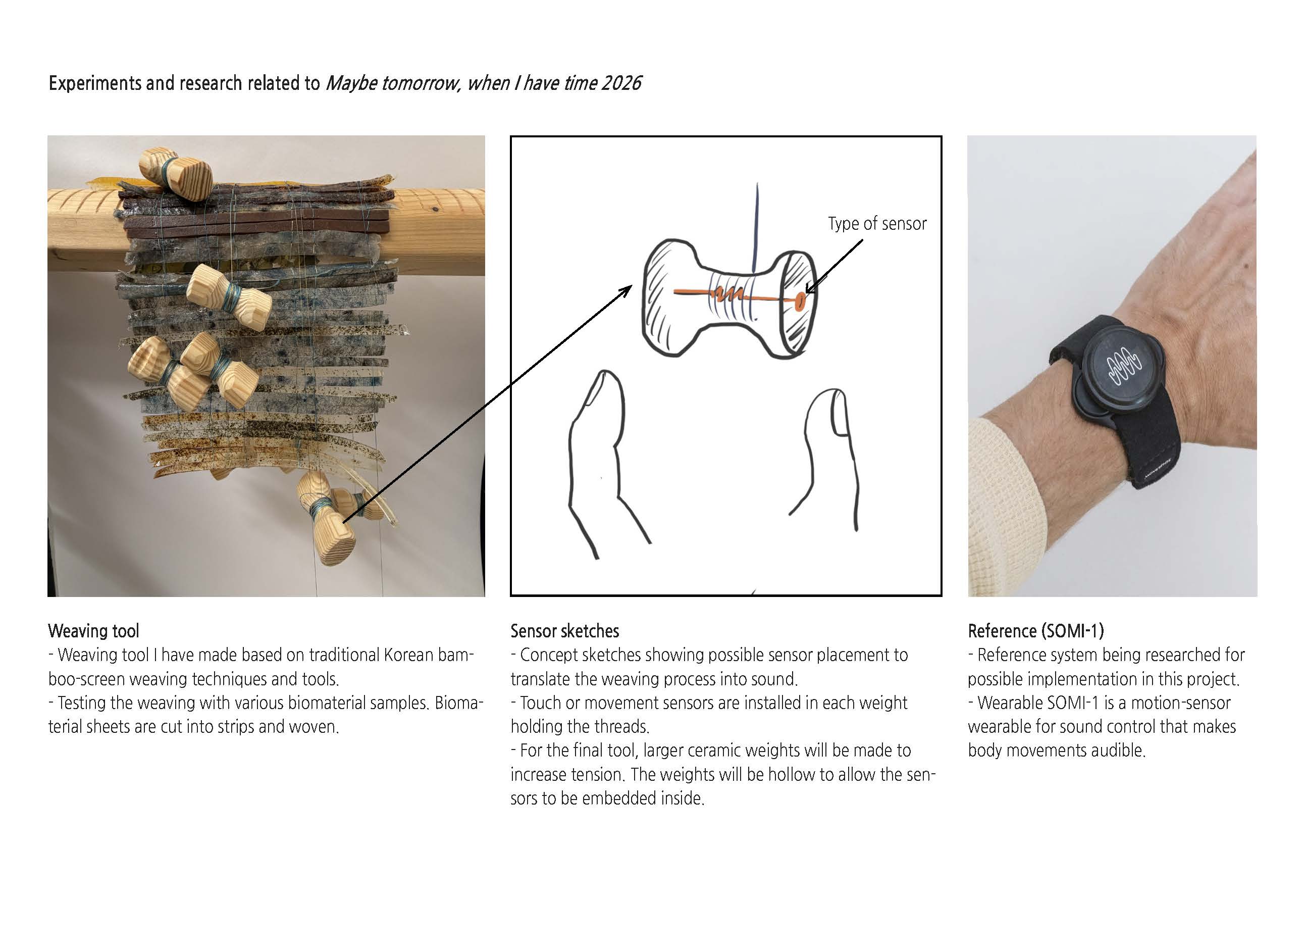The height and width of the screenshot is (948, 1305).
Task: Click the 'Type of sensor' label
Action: coord(877,223)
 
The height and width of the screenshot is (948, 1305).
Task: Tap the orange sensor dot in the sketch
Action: coord(800,300)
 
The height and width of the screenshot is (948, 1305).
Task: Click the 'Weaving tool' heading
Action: coord(94,631)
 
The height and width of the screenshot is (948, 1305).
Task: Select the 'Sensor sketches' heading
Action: coord(564,631)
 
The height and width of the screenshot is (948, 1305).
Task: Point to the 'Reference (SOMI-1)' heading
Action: coord(1036,631)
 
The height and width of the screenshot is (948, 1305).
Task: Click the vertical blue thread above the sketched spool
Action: coord(756,227)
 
